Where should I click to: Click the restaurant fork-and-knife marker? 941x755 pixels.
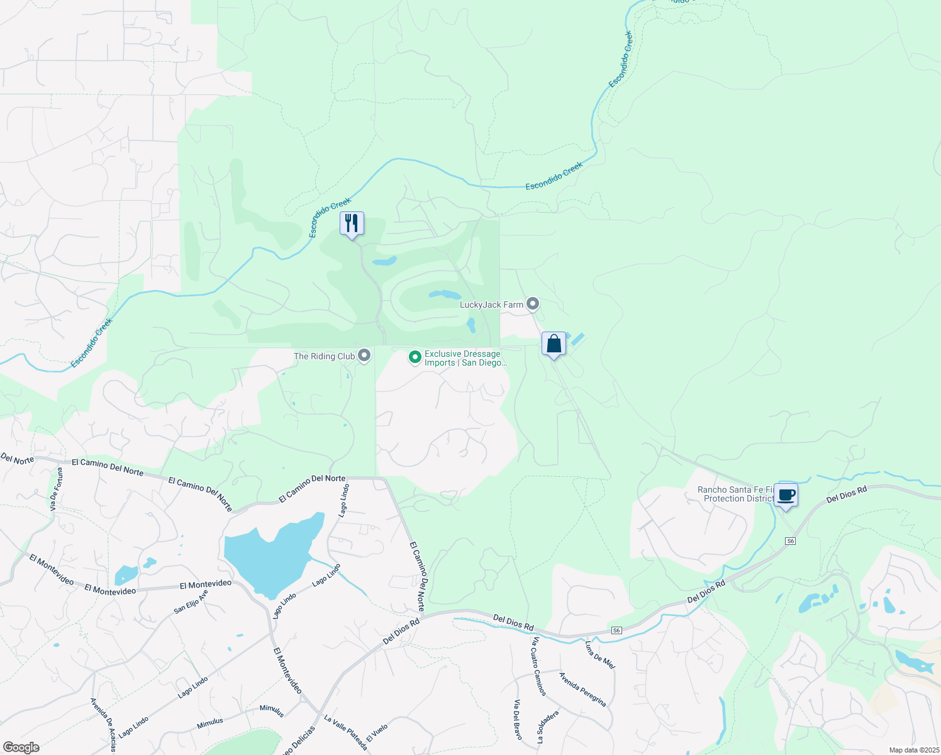352,223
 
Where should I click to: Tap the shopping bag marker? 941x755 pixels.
554,344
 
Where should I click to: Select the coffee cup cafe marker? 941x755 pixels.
786,495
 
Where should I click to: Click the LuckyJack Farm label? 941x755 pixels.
491,305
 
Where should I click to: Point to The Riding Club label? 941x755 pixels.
325,357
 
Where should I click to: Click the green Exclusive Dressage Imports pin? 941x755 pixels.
415,357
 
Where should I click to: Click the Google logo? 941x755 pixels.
21,747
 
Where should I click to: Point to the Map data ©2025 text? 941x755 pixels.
913,750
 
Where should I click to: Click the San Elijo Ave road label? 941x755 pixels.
191,602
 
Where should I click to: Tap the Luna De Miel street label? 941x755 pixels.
599,655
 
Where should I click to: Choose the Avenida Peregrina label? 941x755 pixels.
582,689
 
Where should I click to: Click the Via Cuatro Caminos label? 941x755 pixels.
540,666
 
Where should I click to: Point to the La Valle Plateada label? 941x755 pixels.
345,732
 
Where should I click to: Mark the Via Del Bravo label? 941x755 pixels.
517,719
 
